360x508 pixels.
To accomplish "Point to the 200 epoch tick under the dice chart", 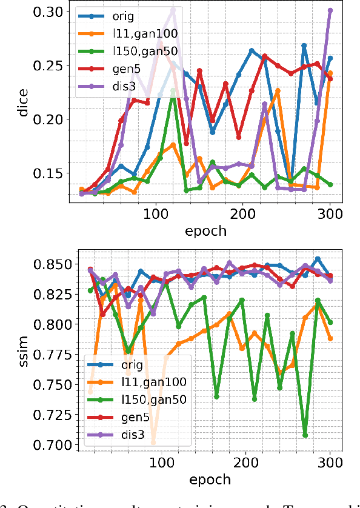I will pyautogui.click(x=243, y=214).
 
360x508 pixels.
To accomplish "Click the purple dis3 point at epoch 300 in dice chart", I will pyautogui.click(x=330, y=10).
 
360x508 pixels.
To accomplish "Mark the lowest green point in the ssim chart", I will pyautogui.click(x=305, y=435).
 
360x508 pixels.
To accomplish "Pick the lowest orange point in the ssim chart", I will pyautogui.click(x=153, y=442).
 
